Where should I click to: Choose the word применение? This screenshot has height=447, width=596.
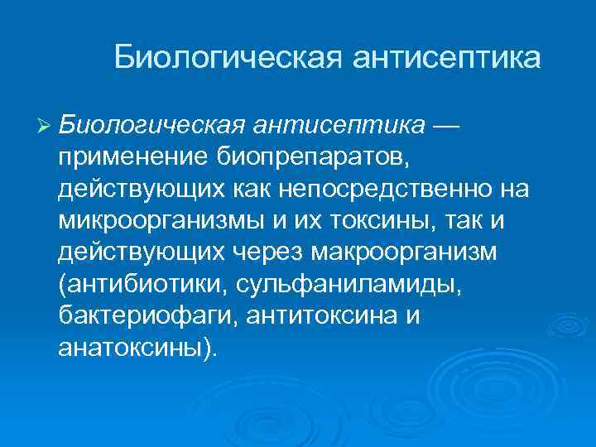point(123,157)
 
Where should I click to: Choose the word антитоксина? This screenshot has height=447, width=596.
point(298,315)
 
